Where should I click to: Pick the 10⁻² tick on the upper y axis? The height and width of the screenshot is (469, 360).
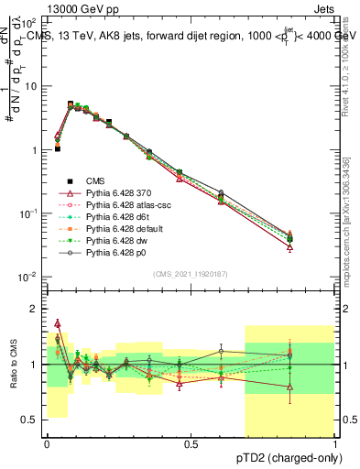point(32,277)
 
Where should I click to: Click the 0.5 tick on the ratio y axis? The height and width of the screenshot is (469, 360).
point(34,420)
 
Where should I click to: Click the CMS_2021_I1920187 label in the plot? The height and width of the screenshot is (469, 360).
point(191,275)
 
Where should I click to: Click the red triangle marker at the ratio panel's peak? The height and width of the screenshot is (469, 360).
point(58,323)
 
